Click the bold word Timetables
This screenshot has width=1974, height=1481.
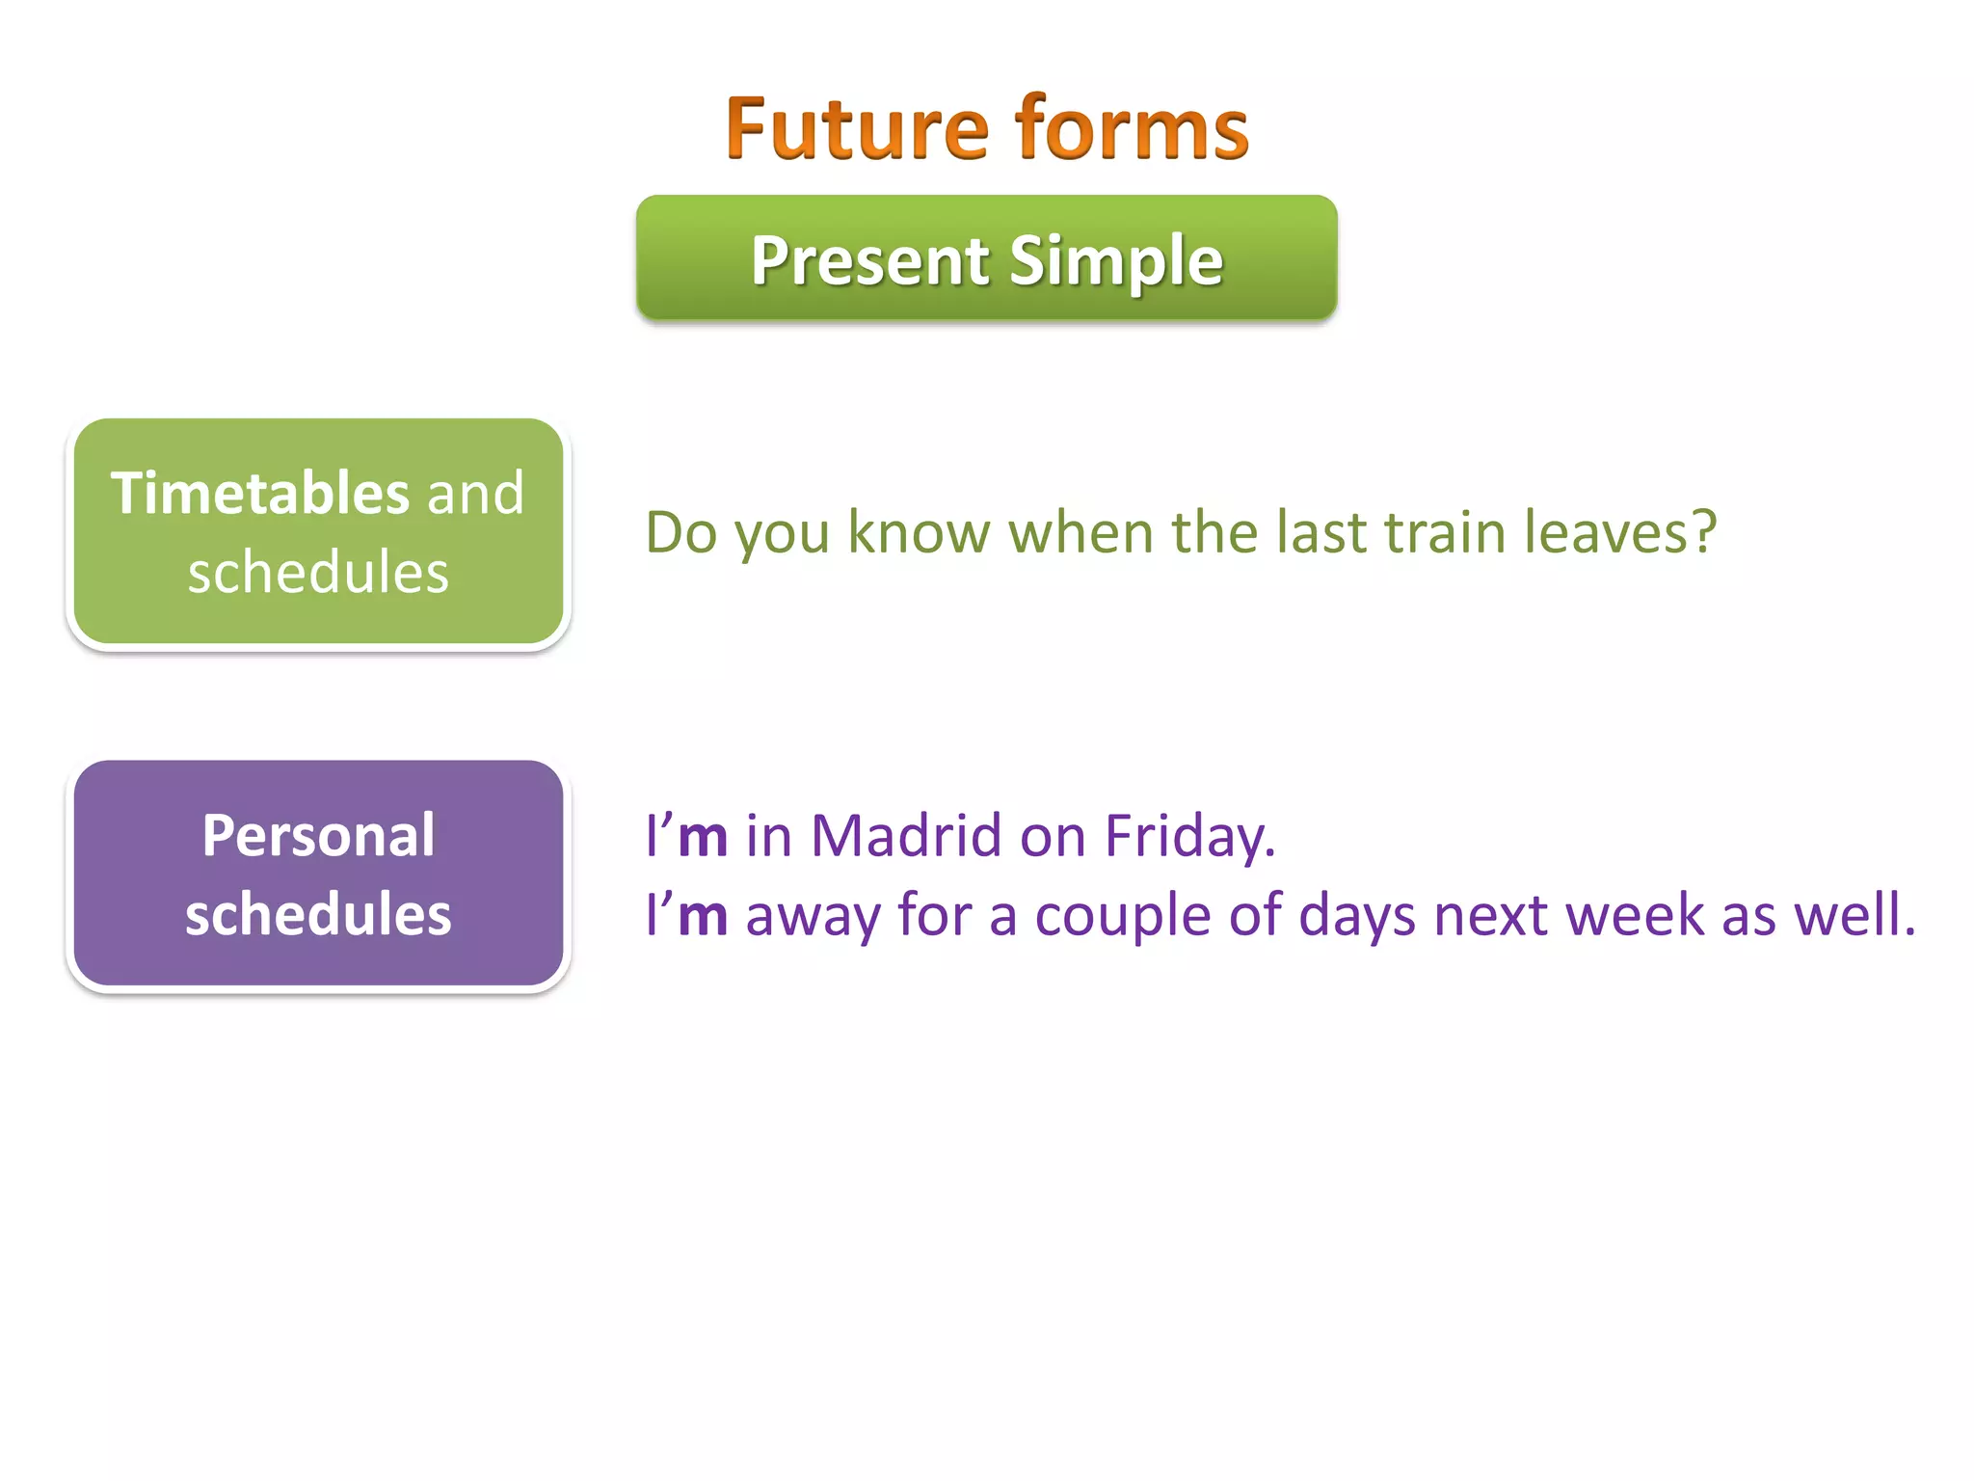pos(260,494)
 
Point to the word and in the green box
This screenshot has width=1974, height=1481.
pos(476,494)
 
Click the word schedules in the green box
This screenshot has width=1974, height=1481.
pos(318,573)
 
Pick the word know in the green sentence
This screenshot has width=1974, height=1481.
pos(919,532)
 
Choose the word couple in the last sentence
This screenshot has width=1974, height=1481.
pos(1122,916)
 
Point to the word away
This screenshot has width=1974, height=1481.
pos(813,916)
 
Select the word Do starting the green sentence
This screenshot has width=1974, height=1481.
pos(680,532)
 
